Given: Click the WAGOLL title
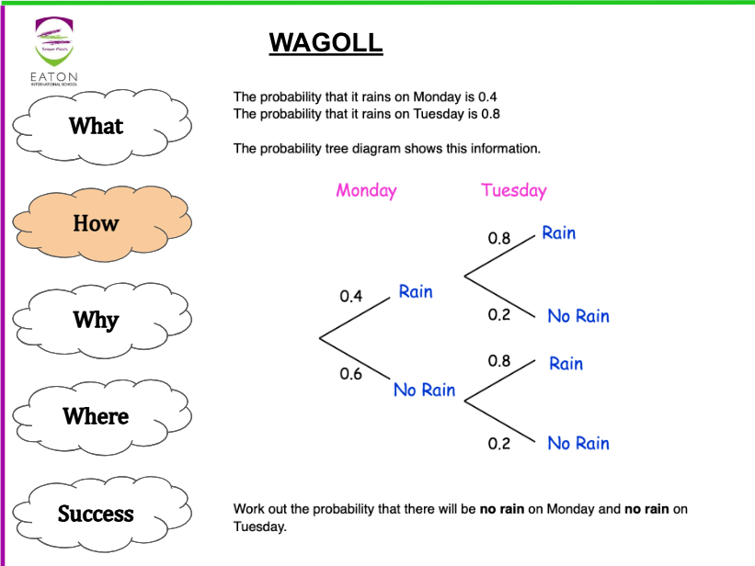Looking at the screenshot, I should point(326,42).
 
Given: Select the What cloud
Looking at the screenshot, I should point(97,126).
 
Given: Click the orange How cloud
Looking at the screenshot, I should point(97,223).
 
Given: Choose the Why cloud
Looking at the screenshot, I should point(97,320).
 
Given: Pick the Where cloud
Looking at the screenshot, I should point(97,416).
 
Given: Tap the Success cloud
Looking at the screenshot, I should point(97,514).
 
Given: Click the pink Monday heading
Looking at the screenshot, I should point(366,190).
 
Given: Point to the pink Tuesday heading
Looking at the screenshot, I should point(513,190).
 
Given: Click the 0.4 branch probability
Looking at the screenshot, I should point(351,296).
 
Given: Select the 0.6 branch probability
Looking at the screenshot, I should point(351,374).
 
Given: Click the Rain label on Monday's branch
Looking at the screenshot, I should point(416,291).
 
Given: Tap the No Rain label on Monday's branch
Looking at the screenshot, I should point(424,390).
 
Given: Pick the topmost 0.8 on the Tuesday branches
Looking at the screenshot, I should point(499,238).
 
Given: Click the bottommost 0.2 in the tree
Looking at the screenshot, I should point(499,444).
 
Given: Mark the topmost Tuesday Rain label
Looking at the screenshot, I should point(558,232).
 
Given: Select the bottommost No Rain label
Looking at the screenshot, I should point(578,443).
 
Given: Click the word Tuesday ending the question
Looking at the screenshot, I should point(258,527).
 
